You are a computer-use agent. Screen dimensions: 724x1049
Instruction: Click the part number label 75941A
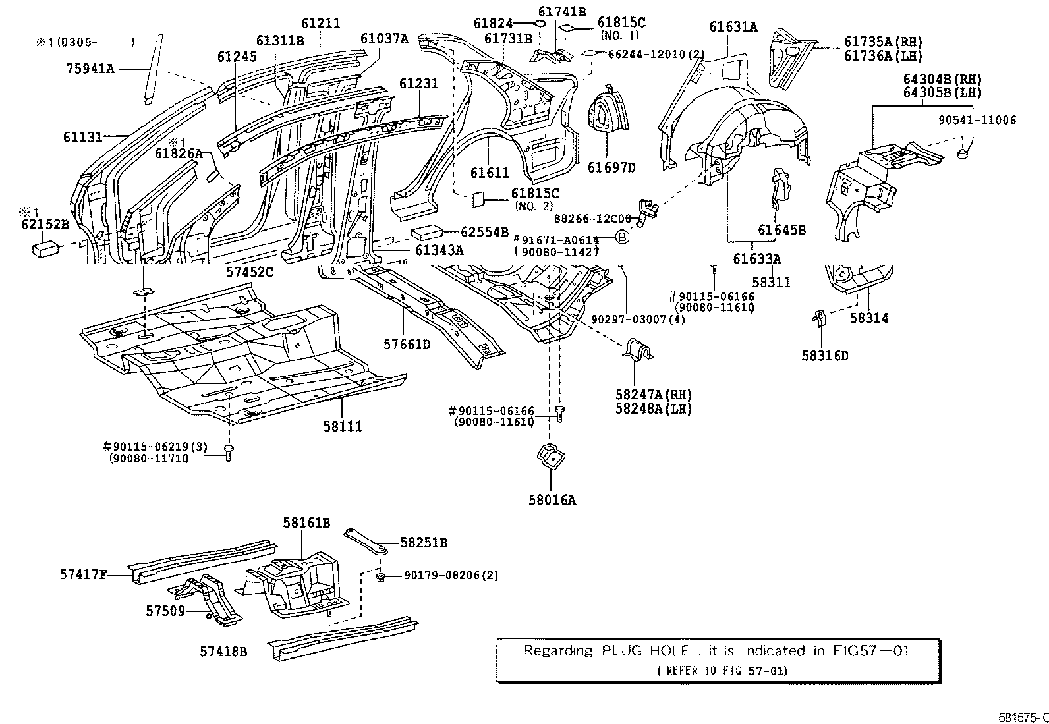tap(90, 67)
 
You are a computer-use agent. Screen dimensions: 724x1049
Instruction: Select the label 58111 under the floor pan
tap(343, 426)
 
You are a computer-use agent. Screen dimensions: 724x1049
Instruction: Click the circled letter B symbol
tap(622, 237)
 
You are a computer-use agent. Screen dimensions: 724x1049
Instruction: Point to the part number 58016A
tap(552, 500)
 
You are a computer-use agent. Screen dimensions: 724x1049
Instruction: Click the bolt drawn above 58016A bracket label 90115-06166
tap(560, 413)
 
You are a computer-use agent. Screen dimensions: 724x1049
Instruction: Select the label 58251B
tap(424, 543)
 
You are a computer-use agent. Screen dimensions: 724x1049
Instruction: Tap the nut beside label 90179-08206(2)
tap(382, 577)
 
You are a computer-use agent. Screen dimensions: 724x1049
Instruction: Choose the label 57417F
tap(82, 574)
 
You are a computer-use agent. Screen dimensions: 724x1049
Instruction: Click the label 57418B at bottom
tap(223, 652)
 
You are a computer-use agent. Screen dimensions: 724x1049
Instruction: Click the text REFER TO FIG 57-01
tap(722, 671)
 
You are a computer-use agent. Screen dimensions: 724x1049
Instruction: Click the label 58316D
tap(825, 356)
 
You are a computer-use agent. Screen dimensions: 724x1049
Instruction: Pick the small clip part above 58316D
tap(818, 318)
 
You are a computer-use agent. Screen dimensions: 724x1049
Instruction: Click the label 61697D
tap(611, 167)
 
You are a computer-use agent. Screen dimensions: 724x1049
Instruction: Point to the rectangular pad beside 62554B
tap(427, 233)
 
